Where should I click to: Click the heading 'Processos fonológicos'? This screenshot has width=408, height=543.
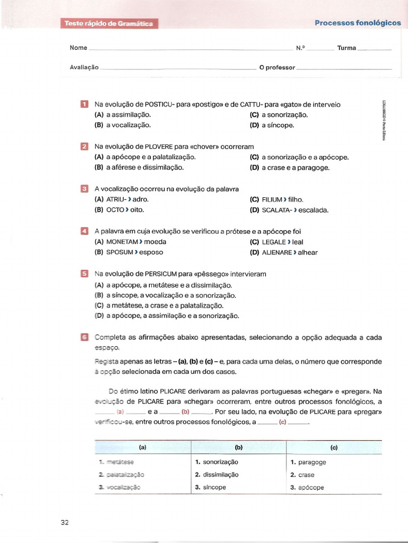click(x=358, y=23)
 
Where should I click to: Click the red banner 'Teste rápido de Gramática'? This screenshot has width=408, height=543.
click(x=108, y=23)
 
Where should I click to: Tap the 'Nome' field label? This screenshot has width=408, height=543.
click(x=78, y=48)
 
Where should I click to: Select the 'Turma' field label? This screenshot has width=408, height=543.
click(x=346, y=48)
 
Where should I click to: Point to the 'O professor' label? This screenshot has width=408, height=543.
click(x=276, y=67)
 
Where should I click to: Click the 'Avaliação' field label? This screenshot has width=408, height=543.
click(x=84, y=67)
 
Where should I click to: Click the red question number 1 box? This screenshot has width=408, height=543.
click(x=84, y=104)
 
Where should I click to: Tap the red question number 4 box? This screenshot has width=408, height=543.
click(x=84, y=231)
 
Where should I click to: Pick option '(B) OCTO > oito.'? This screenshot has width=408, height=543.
click(x=119, y=209)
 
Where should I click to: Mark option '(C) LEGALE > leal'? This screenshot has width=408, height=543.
click(x=276, y=242)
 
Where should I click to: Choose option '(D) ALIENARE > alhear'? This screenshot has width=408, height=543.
click(x=283, y=252)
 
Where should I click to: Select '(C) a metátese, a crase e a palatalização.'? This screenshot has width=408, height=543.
click(x=159, y=305)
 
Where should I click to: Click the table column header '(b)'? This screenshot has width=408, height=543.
click(x=238, y=448)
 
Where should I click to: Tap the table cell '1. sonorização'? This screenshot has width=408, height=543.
click(x=217, y=462)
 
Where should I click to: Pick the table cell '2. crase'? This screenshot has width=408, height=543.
click(x=303, y=475)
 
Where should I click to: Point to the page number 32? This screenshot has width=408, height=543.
click(x=65, y=522)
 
